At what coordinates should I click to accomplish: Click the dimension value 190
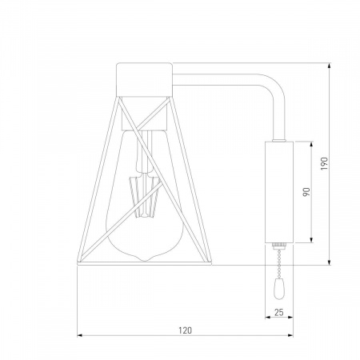coord(323,164)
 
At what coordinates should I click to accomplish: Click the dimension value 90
coord(306,192)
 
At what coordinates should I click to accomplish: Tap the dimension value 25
coord(279,312)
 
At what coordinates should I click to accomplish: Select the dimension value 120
coord(185,330)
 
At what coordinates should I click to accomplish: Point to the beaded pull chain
coord(279,264)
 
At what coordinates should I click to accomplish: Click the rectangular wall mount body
coord(279,192)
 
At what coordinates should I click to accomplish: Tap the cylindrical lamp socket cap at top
coord(144,79)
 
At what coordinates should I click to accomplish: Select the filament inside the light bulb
coord(145,197)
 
